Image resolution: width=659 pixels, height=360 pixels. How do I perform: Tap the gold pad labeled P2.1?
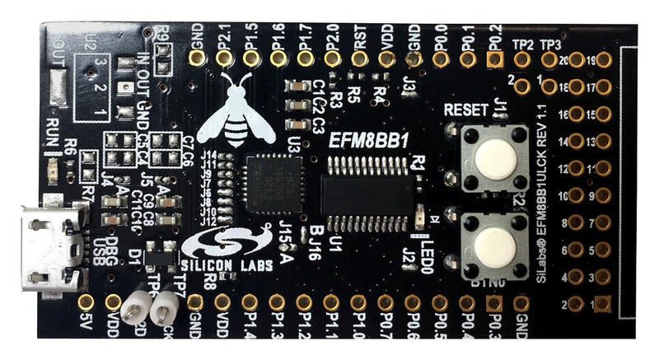224,58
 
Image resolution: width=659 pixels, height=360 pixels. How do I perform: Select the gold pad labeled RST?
359,58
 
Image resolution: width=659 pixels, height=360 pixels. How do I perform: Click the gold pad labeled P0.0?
440,58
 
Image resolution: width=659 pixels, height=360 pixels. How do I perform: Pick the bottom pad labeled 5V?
87,302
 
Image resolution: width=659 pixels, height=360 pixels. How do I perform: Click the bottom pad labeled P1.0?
359,302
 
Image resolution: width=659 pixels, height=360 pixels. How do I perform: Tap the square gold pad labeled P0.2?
494,58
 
